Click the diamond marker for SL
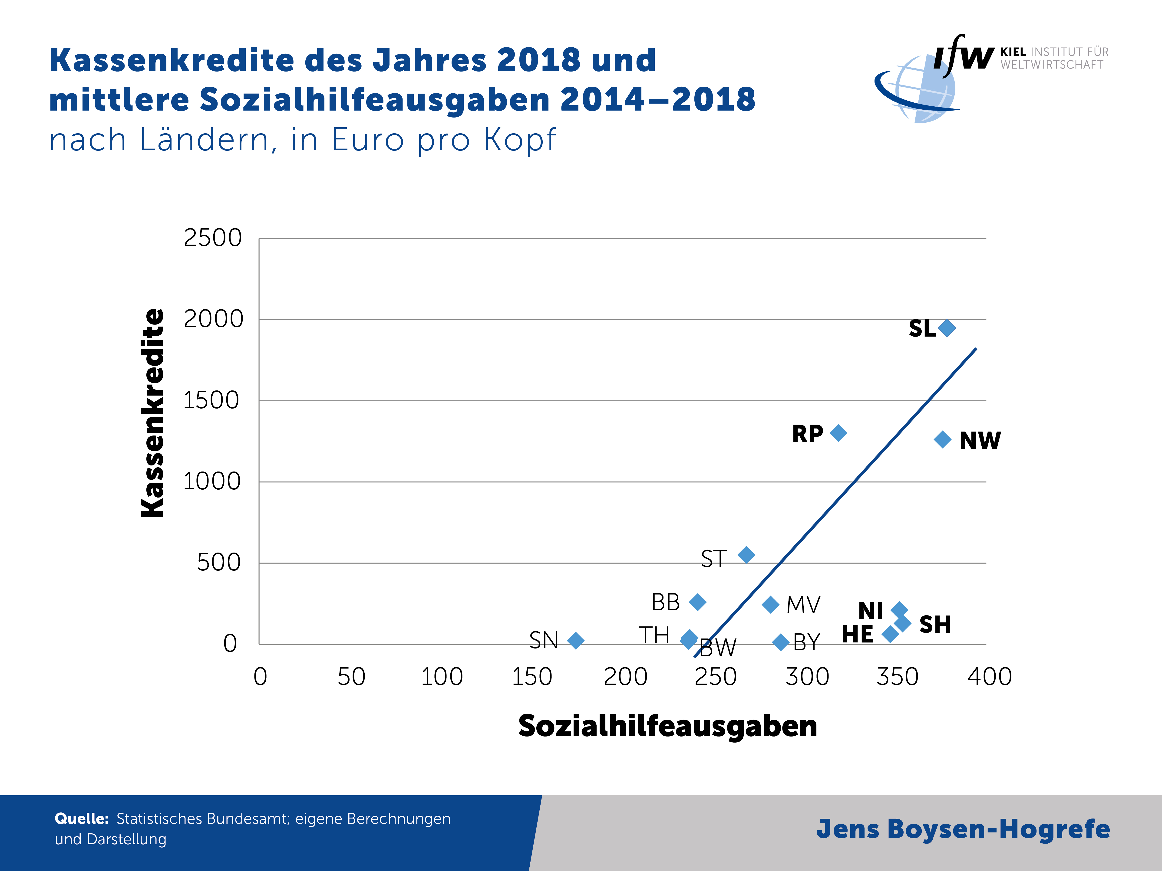click(x=947, y=327)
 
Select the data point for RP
click(x=838, y=433)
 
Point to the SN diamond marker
click(x=576, y=641)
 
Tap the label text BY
click(x=806, y=642)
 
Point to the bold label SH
click(x=935, y=624)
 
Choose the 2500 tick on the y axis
click(x=213, y=238)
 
